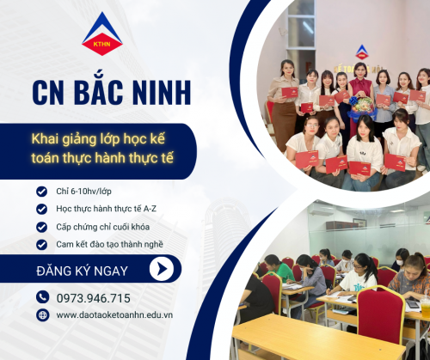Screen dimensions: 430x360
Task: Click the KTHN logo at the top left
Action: point(102,34)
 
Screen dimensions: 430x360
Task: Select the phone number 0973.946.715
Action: point(93,298)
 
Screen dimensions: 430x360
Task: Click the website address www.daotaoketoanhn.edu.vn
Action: point(114,315)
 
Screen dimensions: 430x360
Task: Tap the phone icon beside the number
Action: point(43,297)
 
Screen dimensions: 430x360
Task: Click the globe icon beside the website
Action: point(43,315)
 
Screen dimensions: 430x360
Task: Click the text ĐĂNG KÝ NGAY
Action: point(82,271)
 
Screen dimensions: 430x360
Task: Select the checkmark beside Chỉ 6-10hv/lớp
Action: point(41,192)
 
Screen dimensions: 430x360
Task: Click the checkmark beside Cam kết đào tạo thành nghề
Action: point(41,245)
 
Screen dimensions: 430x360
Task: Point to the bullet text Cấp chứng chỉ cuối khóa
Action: point(102,227)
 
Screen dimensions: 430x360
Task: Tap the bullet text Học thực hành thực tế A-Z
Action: point(106,209)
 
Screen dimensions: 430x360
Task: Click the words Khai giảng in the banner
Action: point(64,139)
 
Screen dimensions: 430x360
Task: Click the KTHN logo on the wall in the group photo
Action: point(362,52)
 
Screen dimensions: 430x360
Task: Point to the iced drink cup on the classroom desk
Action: point(426,307)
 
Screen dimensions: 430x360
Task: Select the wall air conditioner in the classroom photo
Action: point(321,210)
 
